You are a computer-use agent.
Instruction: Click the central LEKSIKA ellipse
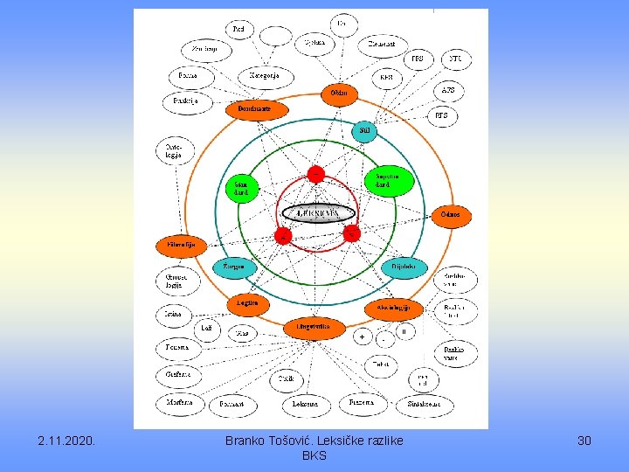tap(318, 213)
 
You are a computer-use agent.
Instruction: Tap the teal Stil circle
tap(364, 131)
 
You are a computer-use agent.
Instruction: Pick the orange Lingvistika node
tap(313, 327)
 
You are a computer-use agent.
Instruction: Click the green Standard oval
tap(242, 188)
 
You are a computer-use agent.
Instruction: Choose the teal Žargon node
tap(234, 266)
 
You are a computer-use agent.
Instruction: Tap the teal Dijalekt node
tap(402, 266)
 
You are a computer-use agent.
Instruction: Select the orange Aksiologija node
tap(394, 309)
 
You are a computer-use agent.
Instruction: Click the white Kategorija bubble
tap(264, 76)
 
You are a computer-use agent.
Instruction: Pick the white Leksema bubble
tap(305, 404)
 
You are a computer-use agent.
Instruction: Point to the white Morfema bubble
tap(180, 403)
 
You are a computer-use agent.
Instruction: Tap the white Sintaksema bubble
tap(425, 404)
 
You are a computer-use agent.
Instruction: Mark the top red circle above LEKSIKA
tap(314, 174)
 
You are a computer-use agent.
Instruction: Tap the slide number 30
tap(584, 441)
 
